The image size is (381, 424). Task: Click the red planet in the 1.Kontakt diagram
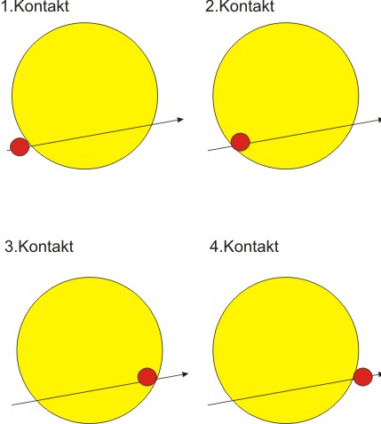pos(20,146)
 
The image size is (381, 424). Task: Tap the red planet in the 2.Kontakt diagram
pos(241,142)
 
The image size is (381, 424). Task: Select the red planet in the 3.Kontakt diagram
pos(147,377)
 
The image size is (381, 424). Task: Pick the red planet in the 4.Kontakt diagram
pos(363,377)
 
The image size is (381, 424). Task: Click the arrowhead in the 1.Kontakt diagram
pos(180,120)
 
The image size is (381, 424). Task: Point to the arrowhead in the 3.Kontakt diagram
pos(185,374)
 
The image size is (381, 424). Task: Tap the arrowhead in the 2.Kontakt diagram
pos(378,120)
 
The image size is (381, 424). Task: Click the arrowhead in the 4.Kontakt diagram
pos(379,374)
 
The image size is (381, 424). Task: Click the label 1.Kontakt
pos(36,6)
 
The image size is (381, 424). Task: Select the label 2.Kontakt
pos(240,6)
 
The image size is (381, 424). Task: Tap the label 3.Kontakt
pos(39,247)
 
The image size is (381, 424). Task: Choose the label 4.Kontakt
pos(244,247)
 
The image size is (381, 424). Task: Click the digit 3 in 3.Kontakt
pos(9,247)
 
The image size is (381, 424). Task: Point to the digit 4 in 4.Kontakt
pos(214,247)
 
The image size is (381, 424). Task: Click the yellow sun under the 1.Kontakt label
pos(85,96)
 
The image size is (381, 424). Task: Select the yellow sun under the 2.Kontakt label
pos(286,96)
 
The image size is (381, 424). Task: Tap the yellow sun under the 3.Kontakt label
pos(90,350)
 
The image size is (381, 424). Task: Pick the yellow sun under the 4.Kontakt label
pos(286,350)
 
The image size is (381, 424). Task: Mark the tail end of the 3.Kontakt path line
pos(12,404)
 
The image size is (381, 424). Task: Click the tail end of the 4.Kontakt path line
pos(209,404)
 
